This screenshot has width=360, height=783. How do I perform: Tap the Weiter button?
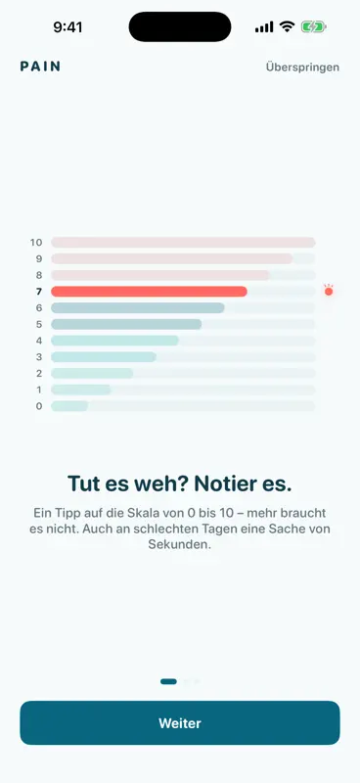click(180, 722)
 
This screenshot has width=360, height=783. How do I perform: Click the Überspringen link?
click(302, 67)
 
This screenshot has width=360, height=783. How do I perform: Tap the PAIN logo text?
click(40, 67)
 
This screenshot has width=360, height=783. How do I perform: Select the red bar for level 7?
click(149, 292)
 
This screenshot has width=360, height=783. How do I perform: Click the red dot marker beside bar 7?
click(329, 291)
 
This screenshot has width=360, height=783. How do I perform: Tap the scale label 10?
click(36, 243)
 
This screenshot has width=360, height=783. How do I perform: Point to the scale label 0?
click(39, 406)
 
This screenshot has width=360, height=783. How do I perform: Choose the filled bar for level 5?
click(126, 324)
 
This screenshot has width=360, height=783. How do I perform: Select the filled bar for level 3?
click(104, 357)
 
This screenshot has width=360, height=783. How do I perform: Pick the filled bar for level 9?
click(172, 258)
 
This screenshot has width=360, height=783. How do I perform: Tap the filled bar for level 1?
click(81, 390)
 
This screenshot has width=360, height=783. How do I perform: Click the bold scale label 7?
click(39, 292)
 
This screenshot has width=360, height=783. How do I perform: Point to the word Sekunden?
click(180, 544)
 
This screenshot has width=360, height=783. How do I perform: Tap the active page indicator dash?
click(169, 681)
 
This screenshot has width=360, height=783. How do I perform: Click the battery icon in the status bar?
click(314, 27)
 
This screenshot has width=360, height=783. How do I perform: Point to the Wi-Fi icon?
click(287, 26)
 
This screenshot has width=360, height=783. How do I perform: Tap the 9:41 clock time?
click(67, 27)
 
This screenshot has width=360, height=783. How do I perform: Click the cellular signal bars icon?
click(264, 27)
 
